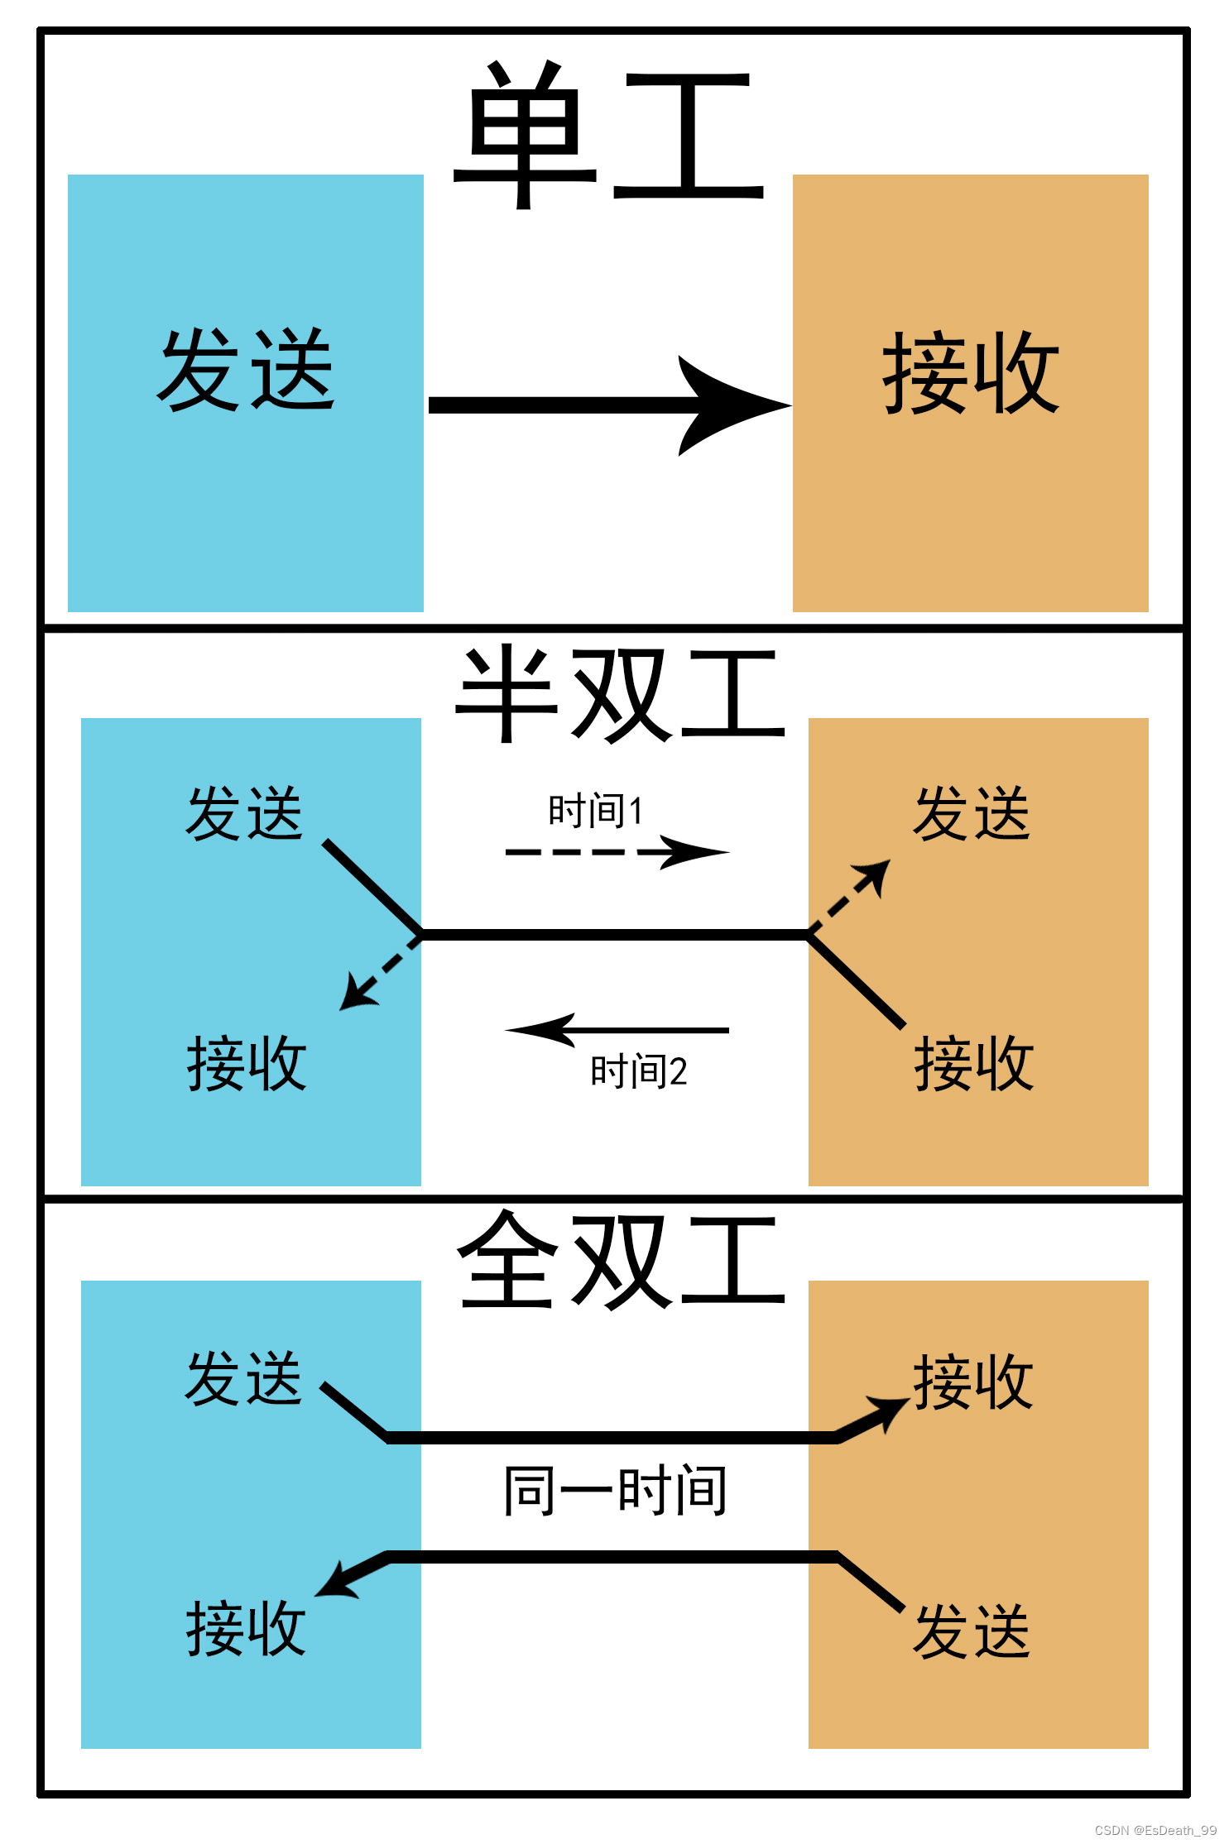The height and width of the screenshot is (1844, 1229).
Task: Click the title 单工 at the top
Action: click(608, 137)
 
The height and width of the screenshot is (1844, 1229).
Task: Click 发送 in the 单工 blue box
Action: click(246, 370)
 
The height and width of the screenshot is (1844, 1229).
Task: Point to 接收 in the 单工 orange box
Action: click(971, 372)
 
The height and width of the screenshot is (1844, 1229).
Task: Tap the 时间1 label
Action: click(596, 811)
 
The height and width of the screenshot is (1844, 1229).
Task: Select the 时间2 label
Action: click(638, 1071)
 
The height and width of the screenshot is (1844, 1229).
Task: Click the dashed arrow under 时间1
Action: click(617, 852)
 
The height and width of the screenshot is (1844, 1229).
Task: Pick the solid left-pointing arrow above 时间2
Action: click(617, 1030)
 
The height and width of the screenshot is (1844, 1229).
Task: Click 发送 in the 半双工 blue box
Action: click(245, 814)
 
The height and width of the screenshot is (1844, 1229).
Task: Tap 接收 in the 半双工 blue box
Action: click(247, 1063)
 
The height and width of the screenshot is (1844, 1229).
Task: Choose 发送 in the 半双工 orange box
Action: click(972, 814)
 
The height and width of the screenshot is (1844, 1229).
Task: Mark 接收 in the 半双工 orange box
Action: click(974, 1063)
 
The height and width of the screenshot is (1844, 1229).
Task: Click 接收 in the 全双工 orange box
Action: click(973, 1382)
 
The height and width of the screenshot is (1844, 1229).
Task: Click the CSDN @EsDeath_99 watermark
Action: click(1155, 1830)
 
